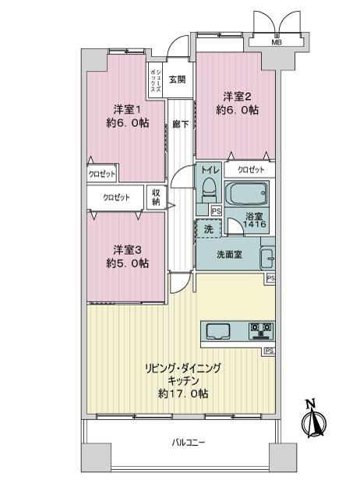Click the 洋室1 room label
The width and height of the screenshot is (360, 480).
coord(127,109)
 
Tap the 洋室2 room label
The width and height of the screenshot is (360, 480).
coord(237,97)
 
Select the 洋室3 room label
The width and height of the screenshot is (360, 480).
coord(127,250)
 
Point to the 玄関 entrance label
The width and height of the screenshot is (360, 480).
coord(178,79)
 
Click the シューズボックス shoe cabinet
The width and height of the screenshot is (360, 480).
coord(155,80)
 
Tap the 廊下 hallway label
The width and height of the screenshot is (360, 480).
coord(181,125)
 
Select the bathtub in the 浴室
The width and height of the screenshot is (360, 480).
coord(247,193)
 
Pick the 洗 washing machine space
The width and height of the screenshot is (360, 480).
coord(208,228)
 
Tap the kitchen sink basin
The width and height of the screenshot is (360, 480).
coord(218,331)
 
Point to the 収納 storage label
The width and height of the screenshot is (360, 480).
coord(156,197)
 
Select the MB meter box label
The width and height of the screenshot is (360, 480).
coord(277,43)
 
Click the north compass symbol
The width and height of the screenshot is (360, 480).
coord(313,419)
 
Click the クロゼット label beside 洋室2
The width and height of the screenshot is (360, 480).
coord(251,170)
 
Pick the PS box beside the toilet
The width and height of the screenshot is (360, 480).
coord(217,210)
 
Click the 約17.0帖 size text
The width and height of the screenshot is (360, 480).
coord(183,394)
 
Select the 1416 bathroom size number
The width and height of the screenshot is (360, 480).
coord(254,224)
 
